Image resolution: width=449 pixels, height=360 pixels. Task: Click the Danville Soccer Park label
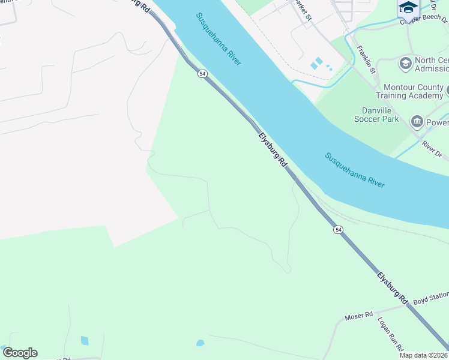coord(388,115)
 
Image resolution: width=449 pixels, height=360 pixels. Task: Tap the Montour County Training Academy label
coord(409,91)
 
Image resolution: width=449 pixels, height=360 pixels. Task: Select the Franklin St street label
coord(366,59)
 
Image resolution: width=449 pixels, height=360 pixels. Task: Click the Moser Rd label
coord(359,315)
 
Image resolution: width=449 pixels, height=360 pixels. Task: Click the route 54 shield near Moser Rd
coord(339,230)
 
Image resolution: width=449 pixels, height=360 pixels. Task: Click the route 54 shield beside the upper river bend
coord(202,73)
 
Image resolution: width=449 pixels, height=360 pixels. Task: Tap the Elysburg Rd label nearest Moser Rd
coord(394,287)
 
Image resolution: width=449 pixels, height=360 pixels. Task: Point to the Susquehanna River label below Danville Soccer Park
coord(354,170)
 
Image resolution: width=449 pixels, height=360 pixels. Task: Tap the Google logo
coord(20,353)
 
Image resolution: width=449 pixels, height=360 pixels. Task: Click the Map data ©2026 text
coord(423,355)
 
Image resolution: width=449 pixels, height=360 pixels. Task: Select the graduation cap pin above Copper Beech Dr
coord(408,7)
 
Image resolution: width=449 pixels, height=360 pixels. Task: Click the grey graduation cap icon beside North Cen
coord(405,62)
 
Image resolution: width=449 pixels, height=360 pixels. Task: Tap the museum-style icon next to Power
coord(416,122)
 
